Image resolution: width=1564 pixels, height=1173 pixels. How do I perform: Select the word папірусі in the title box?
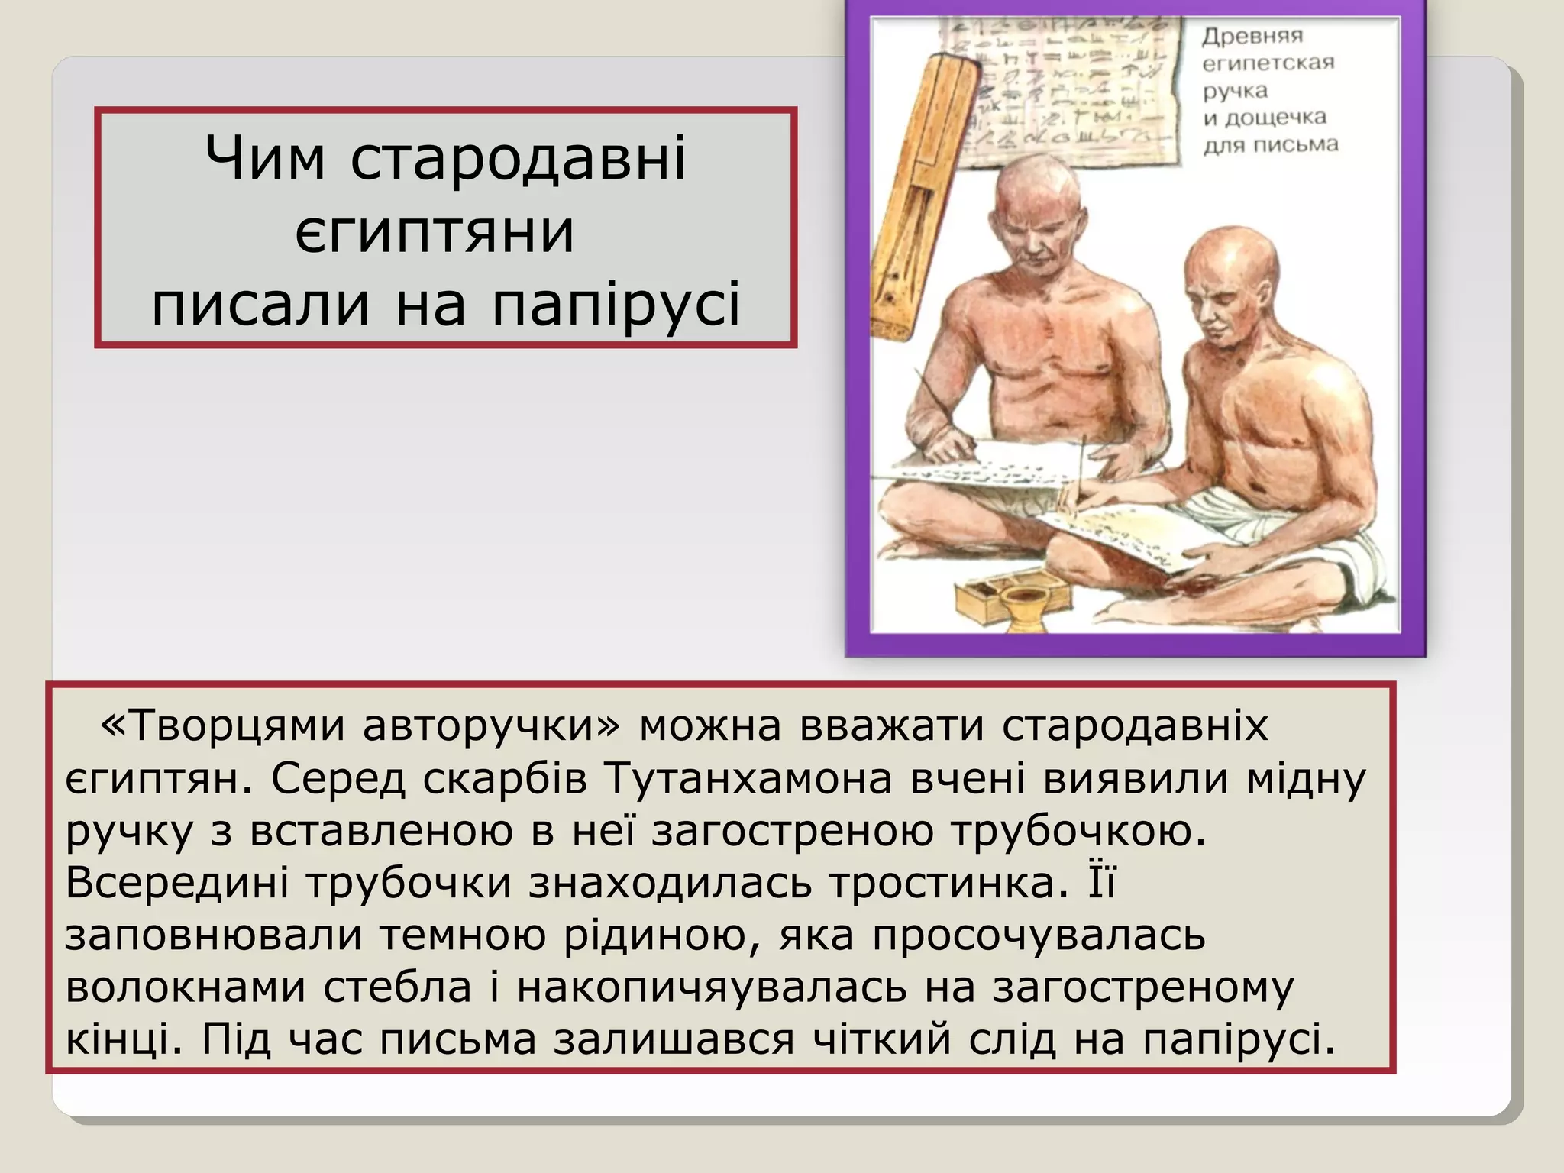[x=616, y=305]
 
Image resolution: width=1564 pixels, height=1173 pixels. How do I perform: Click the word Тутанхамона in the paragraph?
[x=748, y=778]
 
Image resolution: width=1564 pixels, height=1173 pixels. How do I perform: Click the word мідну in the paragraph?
[x=1306, y=778]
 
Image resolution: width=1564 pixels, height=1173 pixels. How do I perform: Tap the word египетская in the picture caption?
[x=1268, y=63]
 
